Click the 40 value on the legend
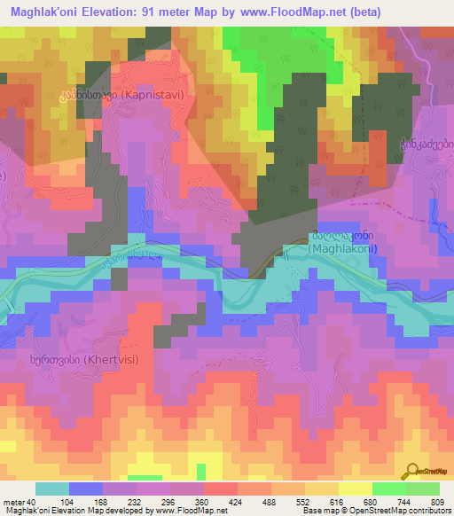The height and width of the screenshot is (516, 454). point(33,502)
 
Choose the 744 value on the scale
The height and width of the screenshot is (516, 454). point(405,502)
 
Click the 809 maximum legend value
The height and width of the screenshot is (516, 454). point(437,502)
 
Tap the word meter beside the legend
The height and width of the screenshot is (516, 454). point(14,502)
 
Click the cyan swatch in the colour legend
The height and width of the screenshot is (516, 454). point(52,489)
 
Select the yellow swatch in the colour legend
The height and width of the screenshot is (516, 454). point(356,489)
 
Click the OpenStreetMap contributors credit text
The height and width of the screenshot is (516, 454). point(399,511)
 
